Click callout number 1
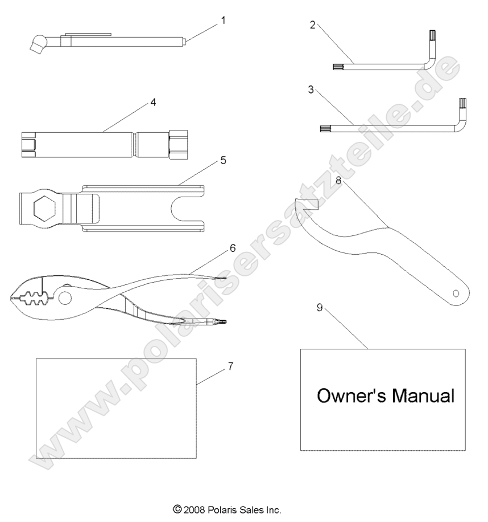(223, 21)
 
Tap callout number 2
(313, 25)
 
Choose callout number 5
(223, 161)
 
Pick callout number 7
(230, 366)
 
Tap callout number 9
(320, 307)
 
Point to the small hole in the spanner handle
(455, 293)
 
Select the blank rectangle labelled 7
(116, 408)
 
